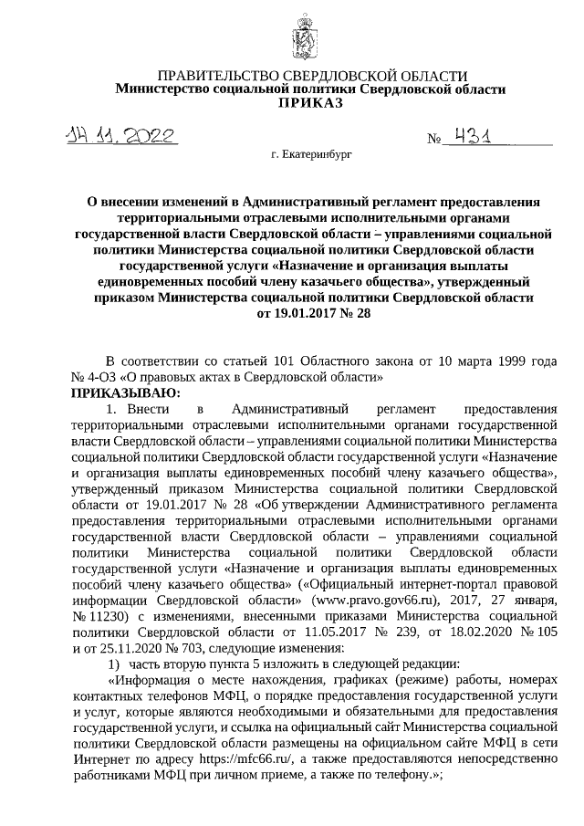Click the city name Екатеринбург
pos(311,156)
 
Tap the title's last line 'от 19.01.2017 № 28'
pos(309,315)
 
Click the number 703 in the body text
pos(211,648)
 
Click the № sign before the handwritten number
pos(434,140)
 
